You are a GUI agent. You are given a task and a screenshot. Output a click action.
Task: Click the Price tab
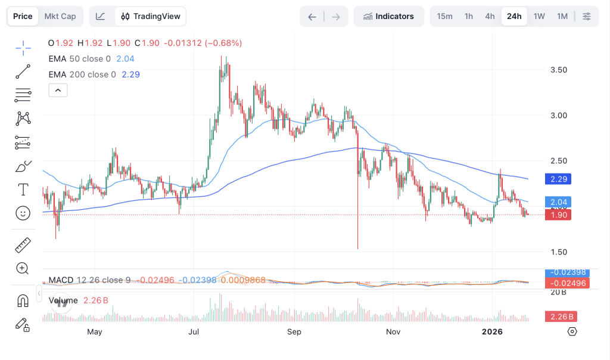click(x=23, y=16)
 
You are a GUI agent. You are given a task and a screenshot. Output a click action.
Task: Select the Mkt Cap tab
click(x=60, y=16)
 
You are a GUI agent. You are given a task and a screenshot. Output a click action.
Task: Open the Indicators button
click(x=388, y=16)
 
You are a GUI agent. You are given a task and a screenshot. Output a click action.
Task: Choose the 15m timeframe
click(x=444, y=16)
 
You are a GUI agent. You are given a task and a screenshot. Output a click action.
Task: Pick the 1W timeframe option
click(x=539, y=16)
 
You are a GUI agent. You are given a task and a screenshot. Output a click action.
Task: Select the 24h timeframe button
click(x=514, y=16)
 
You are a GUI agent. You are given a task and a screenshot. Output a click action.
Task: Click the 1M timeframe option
click(x=562, y=16)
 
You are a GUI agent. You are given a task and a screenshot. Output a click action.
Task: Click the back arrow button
click(x=312, y=16)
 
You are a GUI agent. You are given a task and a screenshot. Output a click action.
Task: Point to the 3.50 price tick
click(x=559, y=70)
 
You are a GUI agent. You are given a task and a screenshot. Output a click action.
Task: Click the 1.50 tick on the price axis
click(x=559, y=252)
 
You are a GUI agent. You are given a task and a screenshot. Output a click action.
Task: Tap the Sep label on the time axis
click(x=294, y=331)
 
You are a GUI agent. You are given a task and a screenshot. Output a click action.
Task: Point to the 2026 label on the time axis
click(x=493, y=331)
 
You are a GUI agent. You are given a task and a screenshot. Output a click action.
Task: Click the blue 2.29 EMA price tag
click(x=559, y=179)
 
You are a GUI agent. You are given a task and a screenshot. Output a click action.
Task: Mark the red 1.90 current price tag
click(x=559, y=215)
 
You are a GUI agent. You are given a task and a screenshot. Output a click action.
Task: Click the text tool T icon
click(x=23, y=190)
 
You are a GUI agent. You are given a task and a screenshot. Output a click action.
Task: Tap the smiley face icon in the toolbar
click(x=23, y=213)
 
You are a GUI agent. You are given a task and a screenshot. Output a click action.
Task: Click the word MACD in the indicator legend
click(x=61, y=280)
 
